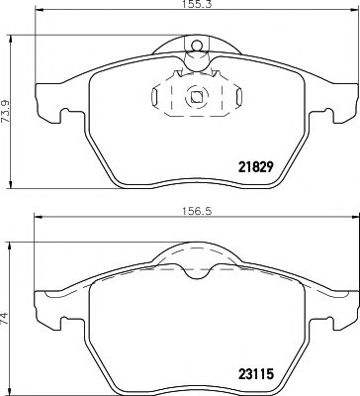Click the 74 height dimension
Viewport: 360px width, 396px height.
pos(7,318)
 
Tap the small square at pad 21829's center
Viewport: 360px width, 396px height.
pos(196,97)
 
